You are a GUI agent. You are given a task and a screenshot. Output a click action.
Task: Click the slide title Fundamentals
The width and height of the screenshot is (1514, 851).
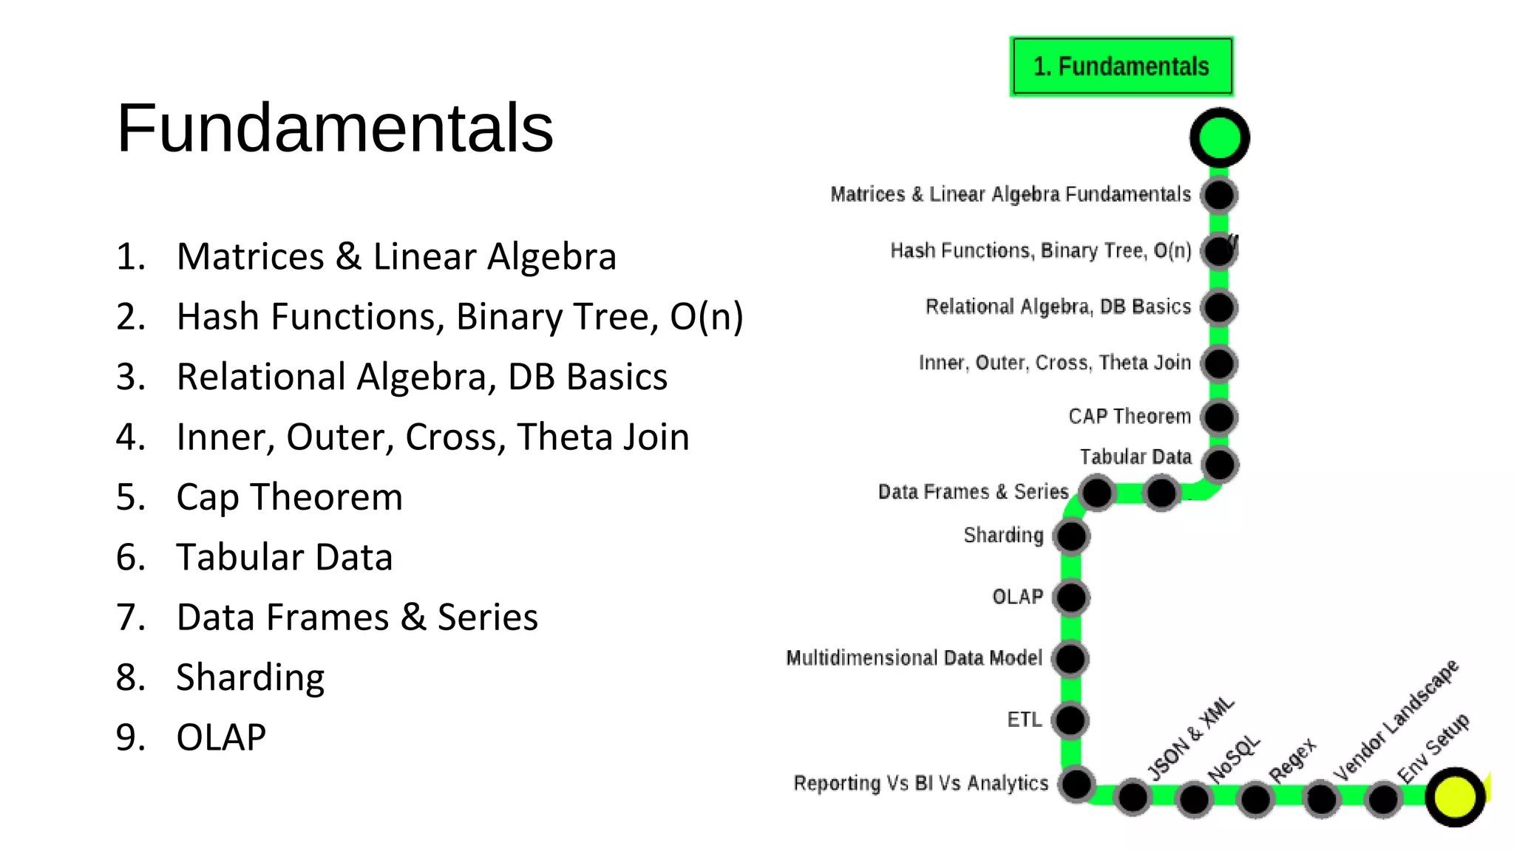[335, 128]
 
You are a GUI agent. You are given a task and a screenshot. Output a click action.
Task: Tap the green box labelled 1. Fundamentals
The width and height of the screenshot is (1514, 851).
[1121, 66]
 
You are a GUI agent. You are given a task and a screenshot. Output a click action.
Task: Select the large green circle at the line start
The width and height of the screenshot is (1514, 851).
[1219, 137]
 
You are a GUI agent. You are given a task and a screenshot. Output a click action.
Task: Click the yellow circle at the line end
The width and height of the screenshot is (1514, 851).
[1455, 797]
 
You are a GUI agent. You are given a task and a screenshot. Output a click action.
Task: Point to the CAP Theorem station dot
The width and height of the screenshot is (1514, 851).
[1219, 417]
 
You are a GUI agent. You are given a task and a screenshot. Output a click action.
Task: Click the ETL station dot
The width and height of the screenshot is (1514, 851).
[1070, 720]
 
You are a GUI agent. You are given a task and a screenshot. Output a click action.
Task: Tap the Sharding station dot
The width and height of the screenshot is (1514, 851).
[1071, 536]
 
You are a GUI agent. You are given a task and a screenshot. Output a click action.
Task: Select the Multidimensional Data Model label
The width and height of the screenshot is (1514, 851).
[914, 657]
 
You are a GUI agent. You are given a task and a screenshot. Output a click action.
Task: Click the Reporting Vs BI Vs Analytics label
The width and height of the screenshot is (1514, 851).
[920, 783]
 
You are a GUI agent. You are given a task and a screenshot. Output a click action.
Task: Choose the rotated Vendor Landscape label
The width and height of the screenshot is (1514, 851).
[1396, 720]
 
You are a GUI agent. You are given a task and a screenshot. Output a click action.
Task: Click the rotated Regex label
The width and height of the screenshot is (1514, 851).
[1292, 759]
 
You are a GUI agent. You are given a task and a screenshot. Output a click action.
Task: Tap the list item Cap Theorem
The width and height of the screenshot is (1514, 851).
[289, 496]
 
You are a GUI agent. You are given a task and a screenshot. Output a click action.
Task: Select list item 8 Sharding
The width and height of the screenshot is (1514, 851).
[250, 677]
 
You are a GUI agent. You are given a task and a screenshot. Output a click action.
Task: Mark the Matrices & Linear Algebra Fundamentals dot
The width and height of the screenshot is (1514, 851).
[1219, 195]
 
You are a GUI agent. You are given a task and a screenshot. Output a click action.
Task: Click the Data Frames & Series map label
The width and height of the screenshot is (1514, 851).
[973, 492]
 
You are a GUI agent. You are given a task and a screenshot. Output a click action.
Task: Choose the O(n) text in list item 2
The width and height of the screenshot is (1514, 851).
[706, 317]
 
